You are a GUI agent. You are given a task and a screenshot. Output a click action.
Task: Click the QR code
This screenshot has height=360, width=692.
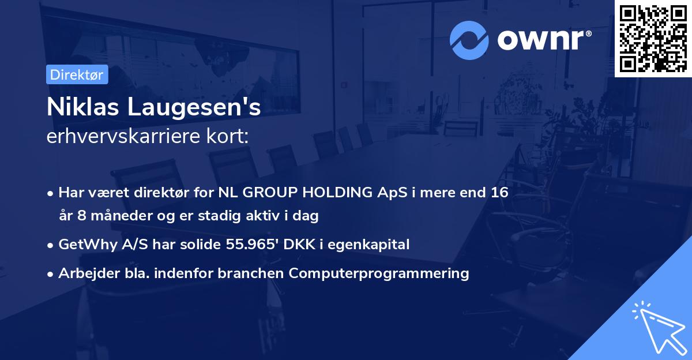point(653,39)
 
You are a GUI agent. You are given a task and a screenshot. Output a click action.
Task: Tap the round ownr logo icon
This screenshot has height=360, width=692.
point(469,40)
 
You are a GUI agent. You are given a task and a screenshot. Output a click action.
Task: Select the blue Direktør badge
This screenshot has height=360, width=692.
point(77,74)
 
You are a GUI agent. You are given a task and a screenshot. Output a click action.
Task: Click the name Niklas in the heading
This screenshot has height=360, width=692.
point(83,107)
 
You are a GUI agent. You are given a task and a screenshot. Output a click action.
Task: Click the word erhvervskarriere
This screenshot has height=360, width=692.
point(123,136)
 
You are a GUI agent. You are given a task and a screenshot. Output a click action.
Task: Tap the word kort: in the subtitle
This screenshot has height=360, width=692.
point(227,136)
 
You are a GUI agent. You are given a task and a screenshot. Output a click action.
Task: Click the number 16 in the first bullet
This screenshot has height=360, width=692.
point(499,192)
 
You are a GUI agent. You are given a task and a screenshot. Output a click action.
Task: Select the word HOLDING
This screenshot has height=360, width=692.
point(337,192)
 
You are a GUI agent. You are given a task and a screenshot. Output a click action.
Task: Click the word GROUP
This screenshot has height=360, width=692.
point(270,192)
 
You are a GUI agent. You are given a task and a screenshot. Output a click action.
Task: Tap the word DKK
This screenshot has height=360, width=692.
point(299,244)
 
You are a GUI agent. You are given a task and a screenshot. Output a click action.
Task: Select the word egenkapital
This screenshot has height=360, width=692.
point(368,245)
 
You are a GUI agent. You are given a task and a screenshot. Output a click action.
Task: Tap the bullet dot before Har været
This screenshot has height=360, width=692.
point(50,194)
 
